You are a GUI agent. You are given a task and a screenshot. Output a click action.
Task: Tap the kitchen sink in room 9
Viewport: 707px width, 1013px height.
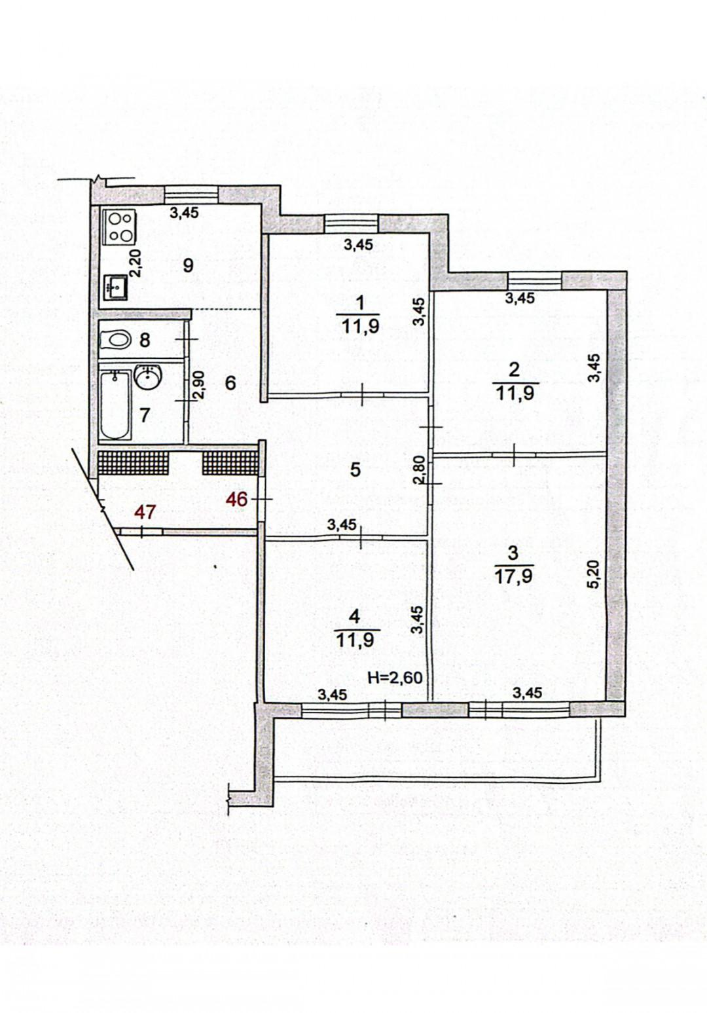(x=117, y=287)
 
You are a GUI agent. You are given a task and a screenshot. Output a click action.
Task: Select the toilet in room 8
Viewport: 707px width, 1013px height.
(x=115, y=339)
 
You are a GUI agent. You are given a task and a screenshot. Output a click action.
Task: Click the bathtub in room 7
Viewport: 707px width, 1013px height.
(x=115, y=405)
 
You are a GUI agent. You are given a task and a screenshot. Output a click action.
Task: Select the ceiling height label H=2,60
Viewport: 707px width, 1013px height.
(x=395, y=678)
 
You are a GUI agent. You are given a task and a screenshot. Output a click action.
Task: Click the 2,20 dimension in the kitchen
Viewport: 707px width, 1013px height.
(x=136, y=263)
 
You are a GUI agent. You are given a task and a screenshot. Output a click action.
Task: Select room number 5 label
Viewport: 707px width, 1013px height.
(x=355, y=470)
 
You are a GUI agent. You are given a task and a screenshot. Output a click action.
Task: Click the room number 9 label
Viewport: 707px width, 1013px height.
(x=188, y=266)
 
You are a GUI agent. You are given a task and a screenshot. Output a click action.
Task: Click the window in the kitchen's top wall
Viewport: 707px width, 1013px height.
(x=191, y=194)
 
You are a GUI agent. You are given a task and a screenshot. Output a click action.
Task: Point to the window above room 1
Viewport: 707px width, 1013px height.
(x=352, y=224)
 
